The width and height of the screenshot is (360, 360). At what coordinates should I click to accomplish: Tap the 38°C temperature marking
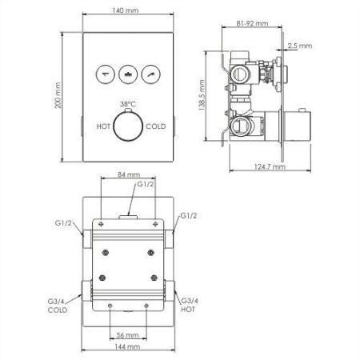click(126, 105)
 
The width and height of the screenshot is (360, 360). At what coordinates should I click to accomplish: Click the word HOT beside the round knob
click(103, 126)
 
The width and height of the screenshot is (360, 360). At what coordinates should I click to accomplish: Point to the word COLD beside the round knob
click(155, 126)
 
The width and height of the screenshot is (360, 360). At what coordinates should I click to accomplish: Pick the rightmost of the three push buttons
click(148, 76)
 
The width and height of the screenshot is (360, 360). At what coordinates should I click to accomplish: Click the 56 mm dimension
click(127, 334)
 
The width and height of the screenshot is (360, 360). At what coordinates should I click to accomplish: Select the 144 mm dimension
click(127, 347)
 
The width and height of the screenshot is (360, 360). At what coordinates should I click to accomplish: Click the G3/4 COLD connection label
click(58, 305)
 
